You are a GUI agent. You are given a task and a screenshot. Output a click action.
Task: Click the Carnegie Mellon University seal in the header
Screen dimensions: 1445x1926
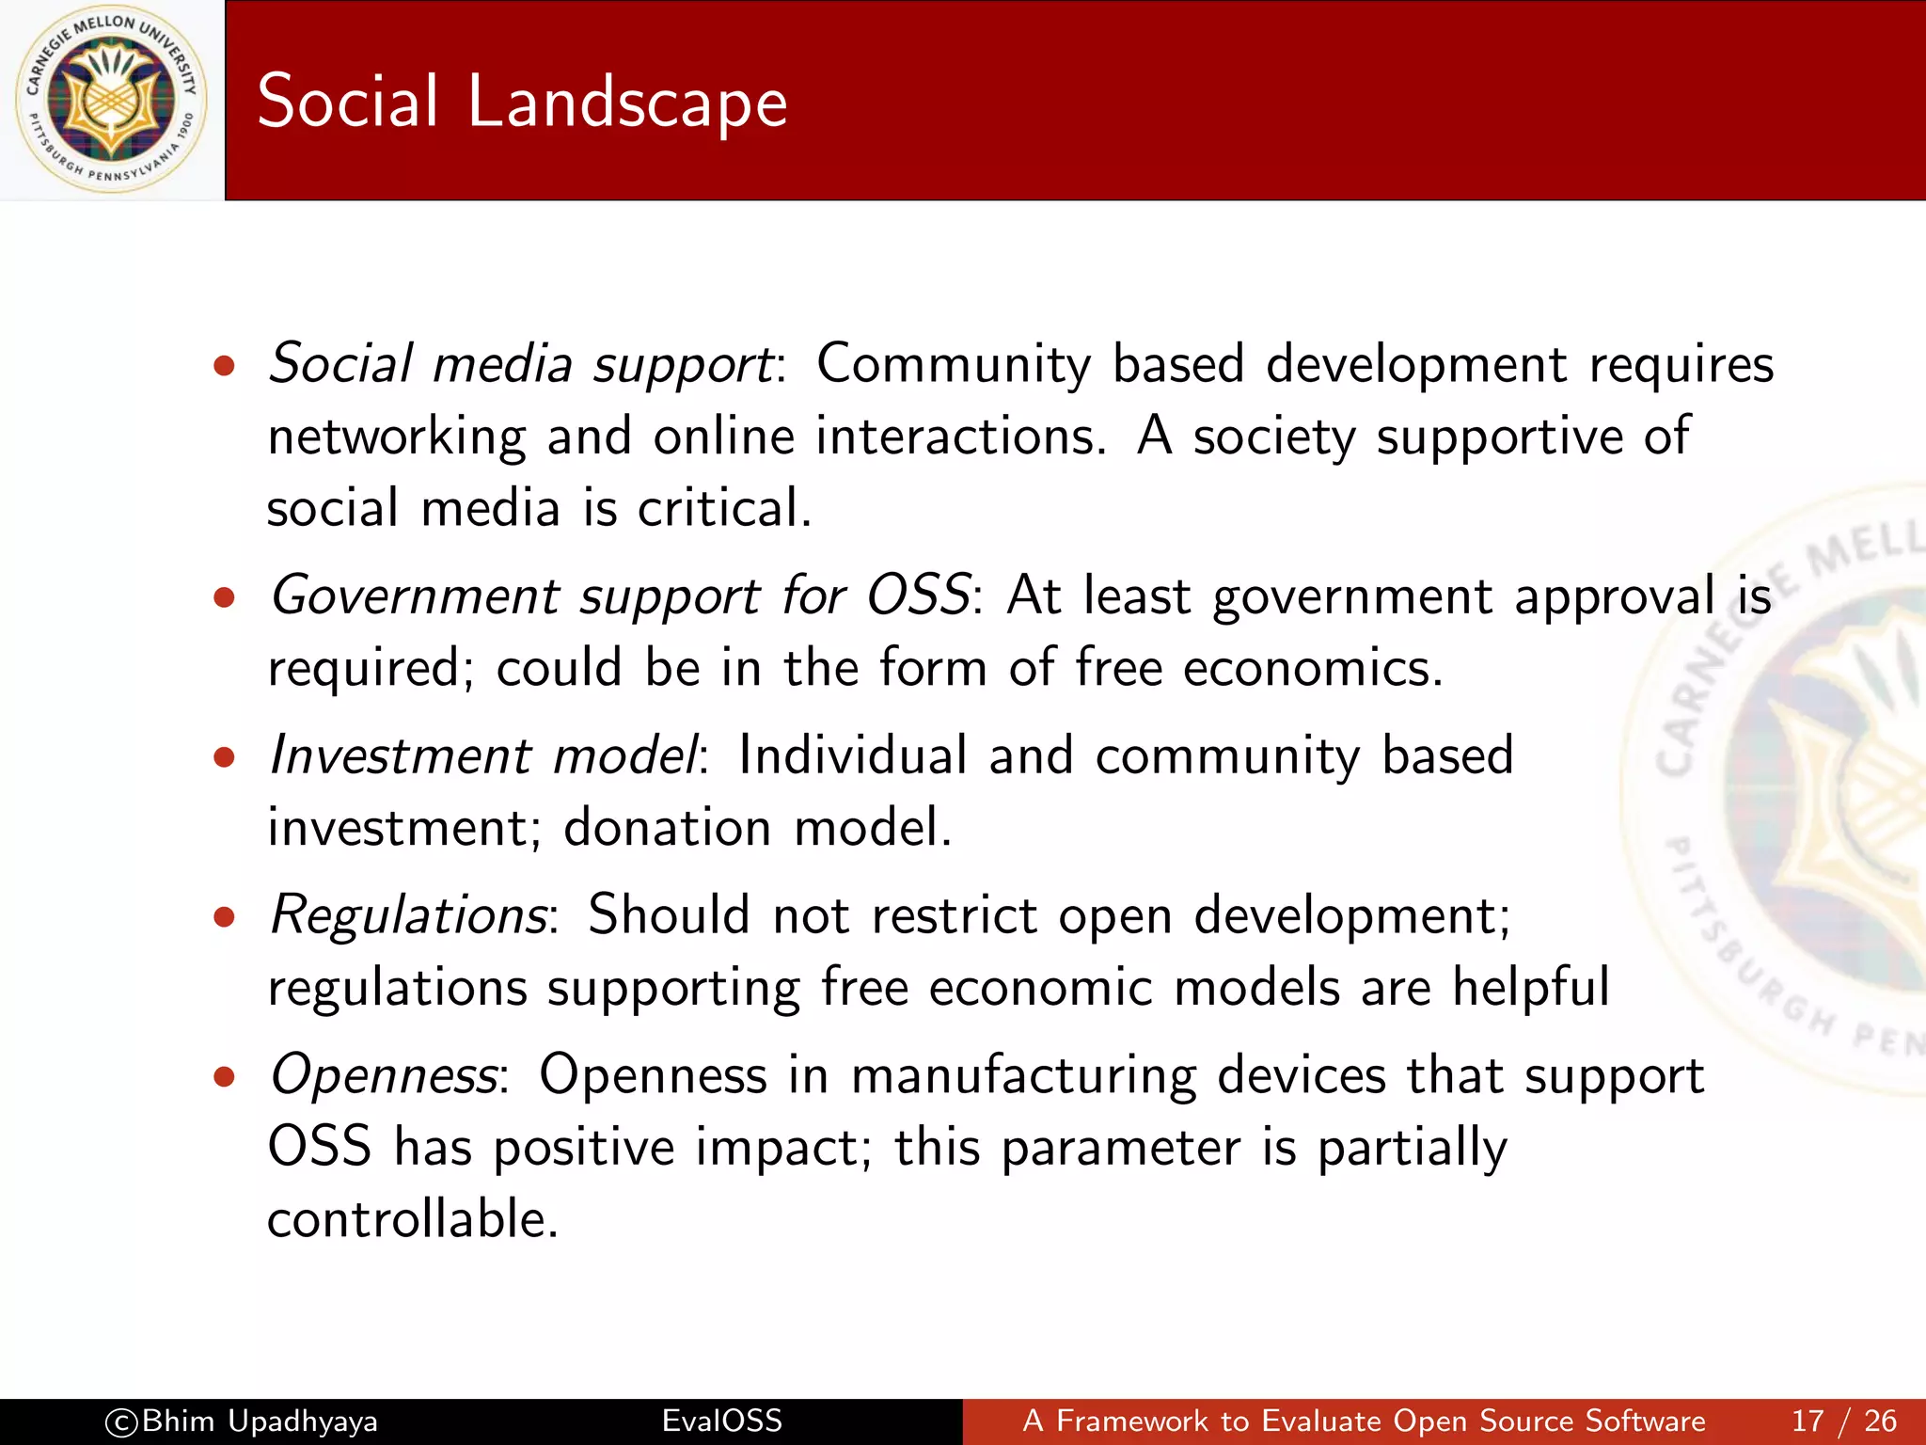click(x=112, y=100)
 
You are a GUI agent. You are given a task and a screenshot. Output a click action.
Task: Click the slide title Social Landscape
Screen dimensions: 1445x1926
click(x=522, y=102)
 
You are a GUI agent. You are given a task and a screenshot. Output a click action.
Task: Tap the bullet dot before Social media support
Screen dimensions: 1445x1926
click(x=224, y=366)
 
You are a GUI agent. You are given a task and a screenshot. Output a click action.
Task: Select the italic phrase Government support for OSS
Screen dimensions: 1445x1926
click(x=620, y=596)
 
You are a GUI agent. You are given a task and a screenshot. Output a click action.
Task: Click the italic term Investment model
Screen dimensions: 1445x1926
click(x=484, y=755)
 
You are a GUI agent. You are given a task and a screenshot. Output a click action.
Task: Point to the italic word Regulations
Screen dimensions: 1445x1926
click(x=408, y=914)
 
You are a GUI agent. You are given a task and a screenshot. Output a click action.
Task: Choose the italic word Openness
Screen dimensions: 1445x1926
click(x=384, y=1074)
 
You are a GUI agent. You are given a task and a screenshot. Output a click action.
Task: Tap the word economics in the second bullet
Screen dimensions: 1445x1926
click(x=1311, y=668)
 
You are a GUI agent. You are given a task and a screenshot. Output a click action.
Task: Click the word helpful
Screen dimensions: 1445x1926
click(x=1530, y=988)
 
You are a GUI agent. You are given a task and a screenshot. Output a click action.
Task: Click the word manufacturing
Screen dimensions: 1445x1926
click(x=1023, y=1075)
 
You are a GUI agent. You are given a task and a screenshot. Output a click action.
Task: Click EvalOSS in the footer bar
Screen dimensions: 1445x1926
click(x=721, y=1421)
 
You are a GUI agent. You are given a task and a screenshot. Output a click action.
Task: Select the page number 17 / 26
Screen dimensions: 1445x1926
click(x=1843, y=1421)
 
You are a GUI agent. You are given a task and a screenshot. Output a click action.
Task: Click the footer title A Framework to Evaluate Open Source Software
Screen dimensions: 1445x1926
click(x=1364, y=1421)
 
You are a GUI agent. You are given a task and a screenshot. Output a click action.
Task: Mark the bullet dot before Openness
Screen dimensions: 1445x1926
click(x=224, y=1077)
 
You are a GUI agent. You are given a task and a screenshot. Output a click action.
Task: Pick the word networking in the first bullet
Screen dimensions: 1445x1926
click(x=396, y=437)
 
